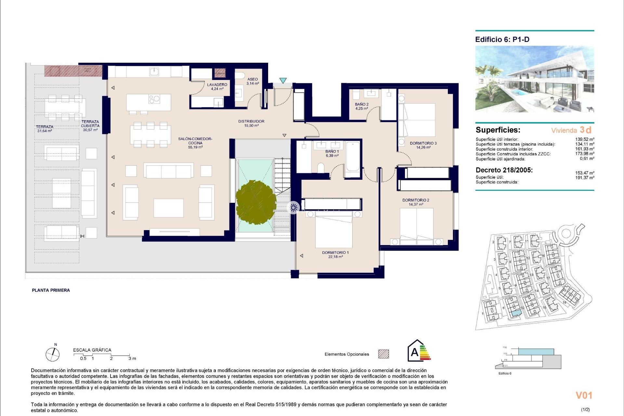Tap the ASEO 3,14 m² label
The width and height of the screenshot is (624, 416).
click(253, 81)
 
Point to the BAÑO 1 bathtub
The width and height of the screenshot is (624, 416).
click(353, 156)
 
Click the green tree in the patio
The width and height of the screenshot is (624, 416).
click(256, 202)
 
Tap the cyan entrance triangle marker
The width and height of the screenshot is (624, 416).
click(283, 81)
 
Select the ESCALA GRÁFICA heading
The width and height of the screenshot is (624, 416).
click(92, 350)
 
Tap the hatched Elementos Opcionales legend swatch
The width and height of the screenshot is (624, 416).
click(383, 354)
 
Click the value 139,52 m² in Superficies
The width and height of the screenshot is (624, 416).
click(584, 139)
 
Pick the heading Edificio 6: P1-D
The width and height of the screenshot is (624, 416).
click(502, 40)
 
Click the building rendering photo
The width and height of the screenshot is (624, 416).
click(535, 79)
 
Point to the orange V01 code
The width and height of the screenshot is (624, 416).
click(584, 395)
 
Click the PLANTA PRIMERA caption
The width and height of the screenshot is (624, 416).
click(51, 290)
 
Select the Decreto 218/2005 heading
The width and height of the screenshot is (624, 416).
click(504, 170)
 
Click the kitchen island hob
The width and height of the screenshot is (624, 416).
click(154, 99)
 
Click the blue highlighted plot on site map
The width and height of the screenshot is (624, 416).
click(516, 313)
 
